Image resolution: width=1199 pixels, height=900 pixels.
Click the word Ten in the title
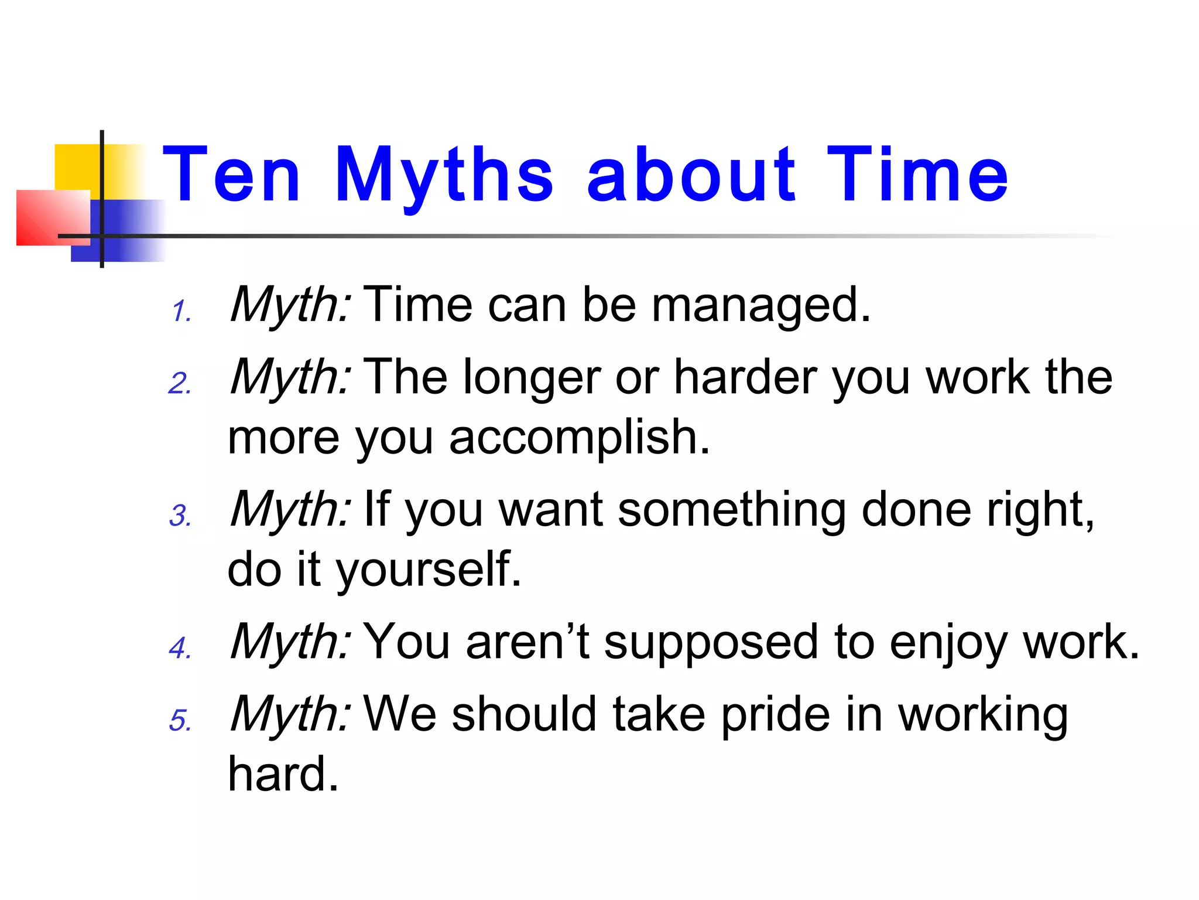pyautogui.click(x=231, y=175)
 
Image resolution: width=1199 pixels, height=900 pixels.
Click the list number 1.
pyautogui.click(x=181, y=311)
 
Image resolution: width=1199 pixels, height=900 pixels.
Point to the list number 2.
pyautogui.click(x=180, y=384)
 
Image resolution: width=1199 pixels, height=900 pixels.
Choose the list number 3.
pyautogui.click(x=180, y=516)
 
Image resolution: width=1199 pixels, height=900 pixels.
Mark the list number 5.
pyautogui.click(x=180, y=721)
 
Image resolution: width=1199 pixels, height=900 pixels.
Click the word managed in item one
pyautogui.click(x=761, y=306)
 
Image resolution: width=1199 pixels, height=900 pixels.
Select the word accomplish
pyautogui.click(x=579, y=438)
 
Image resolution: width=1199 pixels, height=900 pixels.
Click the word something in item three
pyautogui.click(x=732, y=510)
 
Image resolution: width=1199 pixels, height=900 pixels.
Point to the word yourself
pyautogui.click(x=427, y=570)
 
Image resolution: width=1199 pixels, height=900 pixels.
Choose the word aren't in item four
pyautogui.click(x=527, y=642)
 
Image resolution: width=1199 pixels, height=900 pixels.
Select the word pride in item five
pyautogui.click(x=775, y=716)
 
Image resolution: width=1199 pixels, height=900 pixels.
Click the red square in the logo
pyautogui.click(x=50, y=217)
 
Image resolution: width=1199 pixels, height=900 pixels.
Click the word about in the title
pyautogui.click(x=691, y=175)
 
